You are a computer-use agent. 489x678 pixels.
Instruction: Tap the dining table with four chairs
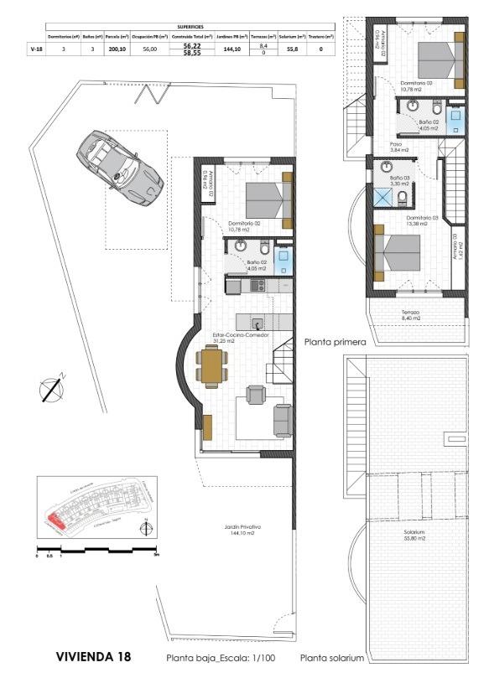pyautogui.click(x=212, y=366)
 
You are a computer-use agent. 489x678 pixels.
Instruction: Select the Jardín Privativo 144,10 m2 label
pyautogui.click(x=242, y=530)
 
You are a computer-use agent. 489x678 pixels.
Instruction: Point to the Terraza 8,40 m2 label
pyautogui.click(x=411, y=315)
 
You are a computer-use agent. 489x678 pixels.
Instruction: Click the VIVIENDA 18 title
pyautogui.click(x=93, y=657)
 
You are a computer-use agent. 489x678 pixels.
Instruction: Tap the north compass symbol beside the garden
pyautogui.click(x=53, y=388)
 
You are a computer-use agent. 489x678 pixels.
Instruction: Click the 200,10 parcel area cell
pyautogui.click(x=117, y=49)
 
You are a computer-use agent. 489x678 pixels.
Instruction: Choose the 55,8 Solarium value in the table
pyautogui.click(x=293, y=49)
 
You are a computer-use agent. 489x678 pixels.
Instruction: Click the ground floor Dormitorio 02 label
pyautogui.click(x=243, y=226)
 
